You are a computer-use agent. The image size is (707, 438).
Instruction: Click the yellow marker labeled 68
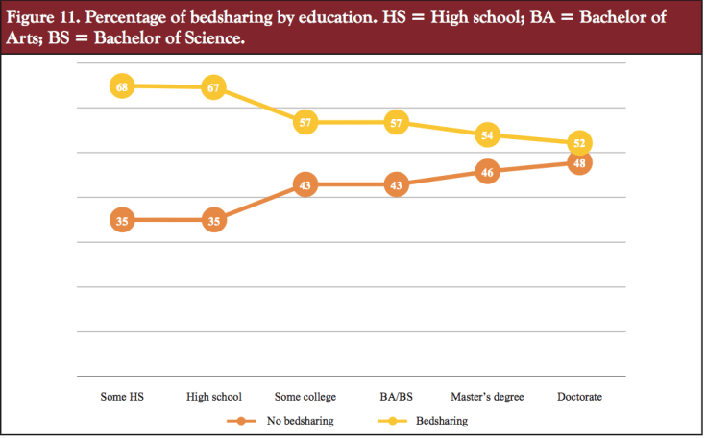122,86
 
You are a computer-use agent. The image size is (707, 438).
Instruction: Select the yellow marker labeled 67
213,88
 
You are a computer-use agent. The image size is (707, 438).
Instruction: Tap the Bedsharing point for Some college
305,122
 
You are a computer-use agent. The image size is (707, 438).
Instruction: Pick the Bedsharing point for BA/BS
396,122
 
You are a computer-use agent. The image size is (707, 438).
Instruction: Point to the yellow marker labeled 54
487,134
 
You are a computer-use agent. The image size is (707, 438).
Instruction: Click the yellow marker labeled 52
579,143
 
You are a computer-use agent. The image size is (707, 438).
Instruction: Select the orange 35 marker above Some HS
122,221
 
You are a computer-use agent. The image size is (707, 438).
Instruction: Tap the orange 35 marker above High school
213,221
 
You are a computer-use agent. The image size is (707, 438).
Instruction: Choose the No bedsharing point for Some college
305,184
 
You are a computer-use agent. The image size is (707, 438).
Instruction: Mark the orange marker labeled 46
487,173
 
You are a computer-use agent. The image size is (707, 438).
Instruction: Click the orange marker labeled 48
579,163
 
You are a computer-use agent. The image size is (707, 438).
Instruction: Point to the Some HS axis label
122,396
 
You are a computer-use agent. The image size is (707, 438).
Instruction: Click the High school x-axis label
213,396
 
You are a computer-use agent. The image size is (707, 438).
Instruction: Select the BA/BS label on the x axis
396,396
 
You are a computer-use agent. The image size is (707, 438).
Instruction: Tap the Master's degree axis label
487,396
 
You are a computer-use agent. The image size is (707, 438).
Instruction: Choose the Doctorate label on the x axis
579,396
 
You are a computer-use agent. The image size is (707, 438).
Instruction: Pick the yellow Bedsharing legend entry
443,421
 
